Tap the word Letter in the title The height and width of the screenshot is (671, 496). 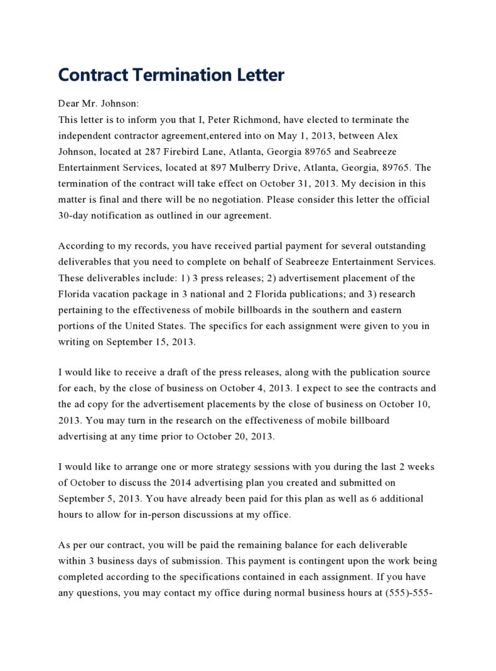260,75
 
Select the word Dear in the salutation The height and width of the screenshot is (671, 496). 68,104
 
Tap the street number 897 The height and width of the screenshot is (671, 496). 218,168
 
